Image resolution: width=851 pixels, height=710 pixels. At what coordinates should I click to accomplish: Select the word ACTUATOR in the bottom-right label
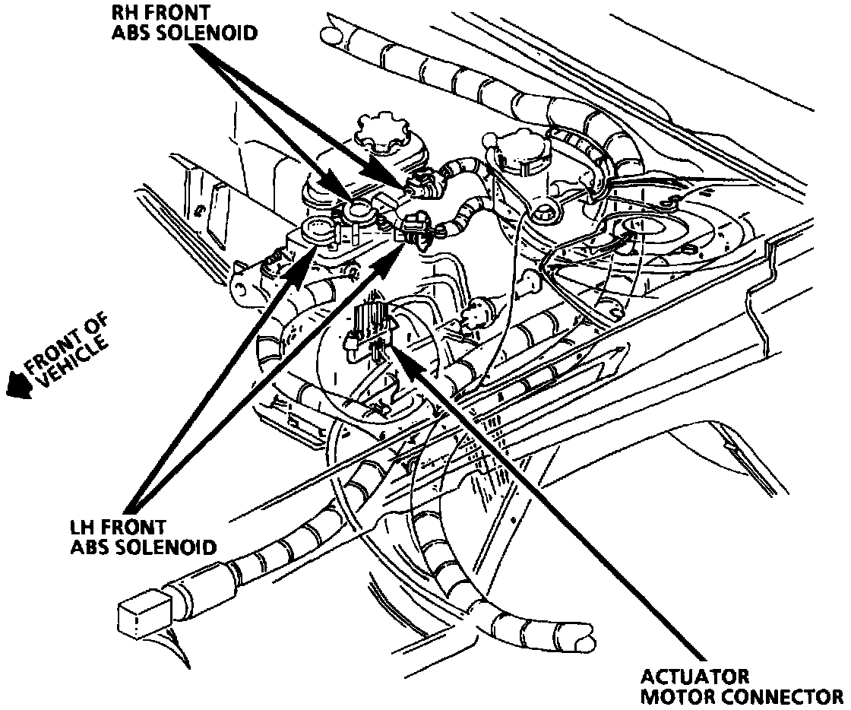point(694,677)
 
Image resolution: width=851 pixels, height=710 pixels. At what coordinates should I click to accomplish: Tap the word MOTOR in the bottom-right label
point(675,696)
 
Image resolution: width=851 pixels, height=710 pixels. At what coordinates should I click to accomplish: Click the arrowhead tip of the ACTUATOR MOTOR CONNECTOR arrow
point(396,351)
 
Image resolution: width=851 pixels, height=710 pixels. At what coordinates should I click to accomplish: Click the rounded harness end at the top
point(330,35)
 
